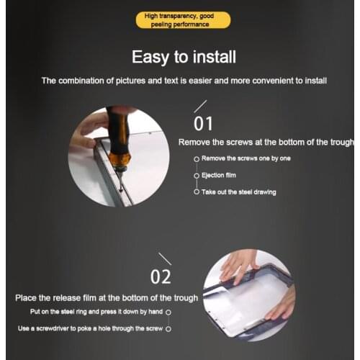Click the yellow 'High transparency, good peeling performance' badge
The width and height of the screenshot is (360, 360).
click(x=183, y=20)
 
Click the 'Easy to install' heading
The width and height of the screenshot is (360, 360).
click(x=184, y=57)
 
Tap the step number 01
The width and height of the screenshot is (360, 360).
click(x=203, y=124)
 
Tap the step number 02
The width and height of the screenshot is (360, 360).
click(x=161, y=276)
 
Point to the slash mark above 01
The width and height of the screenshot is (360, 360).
click(x=200, y=107)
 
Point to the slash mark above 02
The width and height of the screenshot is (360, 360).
click(x=165, y=259)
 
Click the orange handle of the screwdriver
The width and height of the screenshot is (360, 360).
click(x=120, y=159)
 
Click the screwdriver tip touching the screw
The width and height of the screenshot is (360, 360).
click(x=121, y=190)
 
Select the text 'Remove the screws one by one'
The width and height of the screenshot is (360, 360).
click(x=246, y=158)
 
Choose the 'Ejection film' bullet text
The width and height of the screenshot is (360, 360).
click(x=219, y=176)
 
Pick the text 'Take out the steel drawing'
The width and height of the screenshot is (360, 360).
click(x=239, y=192)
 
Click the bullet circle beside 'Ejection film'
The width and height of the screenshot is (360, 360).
click(x=197, y=176)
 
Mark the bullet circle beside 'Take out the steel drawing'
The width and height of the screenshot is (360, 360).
click(x=197, y=192)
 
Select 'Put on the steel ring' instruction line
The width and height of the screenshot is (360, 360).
click(x=96, y=312)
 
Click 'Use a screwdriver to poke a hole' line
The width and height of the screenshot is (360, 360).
click(x=90, y=328)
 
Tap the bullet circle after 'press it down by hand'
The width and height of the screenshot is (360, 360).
click(x=168, y=312)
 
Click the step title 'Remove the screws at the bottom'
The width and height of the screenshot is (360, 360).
click(x=266, y=143)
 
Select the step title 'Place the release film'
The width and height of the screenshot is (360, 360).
click(x=107, y=298)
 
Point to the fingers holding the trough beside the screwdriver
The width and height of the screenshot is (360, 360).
click(x=88, y=135)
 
